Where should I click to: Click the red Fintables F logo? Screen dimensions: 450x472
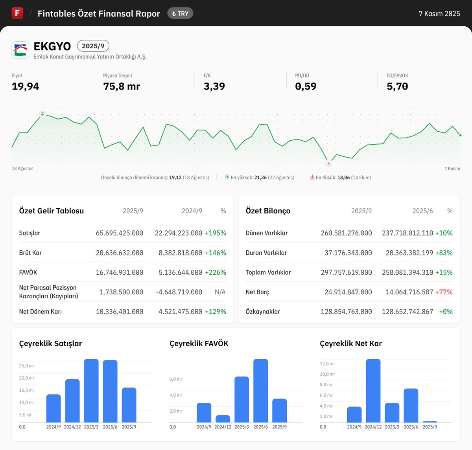17,13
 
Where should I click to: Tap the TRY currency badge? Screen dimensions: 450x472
180,13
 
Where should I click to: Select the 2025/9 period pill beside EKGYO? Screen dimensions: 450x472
93,46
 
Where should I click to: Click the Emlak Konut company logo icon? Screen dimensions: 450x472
20,50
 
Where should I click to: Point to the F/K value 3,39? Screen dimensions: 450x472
214,86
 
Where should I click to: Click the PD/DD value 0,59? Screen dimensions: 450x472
306,86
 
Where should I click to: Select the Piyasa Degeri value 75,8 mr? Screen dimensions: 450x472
122,86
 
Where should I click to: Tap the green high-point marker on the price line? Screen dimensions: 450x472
42,114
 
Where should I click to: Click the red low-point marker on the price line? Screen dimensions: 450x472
329,163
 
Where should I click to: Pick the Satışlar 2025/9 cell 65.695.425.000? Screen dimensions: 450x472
119,233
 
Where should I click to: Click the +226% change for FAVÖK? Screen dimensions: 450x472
216,272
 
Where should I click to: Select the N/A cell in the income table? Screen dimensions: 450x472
220,292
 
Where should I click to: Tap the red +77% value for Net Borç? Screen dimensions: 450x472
444,292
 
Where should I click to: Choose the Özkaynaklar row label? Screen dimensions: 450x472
263,312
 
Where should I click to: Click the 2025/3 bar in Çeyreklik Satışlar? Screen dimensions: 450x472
91,391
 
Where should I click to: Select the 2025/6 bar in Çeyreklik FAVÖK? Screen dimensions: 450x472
260,391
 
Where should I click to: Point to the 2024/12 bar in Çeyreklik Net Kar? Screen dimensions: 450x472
373,391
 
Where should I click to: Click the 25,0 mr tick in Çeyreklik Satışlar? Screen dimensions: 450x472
26,366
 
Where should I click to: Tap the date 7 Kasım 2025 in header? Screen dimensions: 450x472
439,13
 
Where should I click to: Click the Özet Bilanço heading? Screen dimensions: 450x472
268,211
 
